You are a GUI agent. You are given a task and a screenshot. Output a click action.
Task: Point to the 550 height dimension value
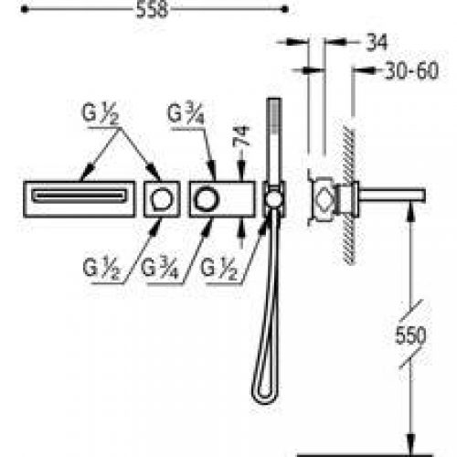point(410,335)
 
